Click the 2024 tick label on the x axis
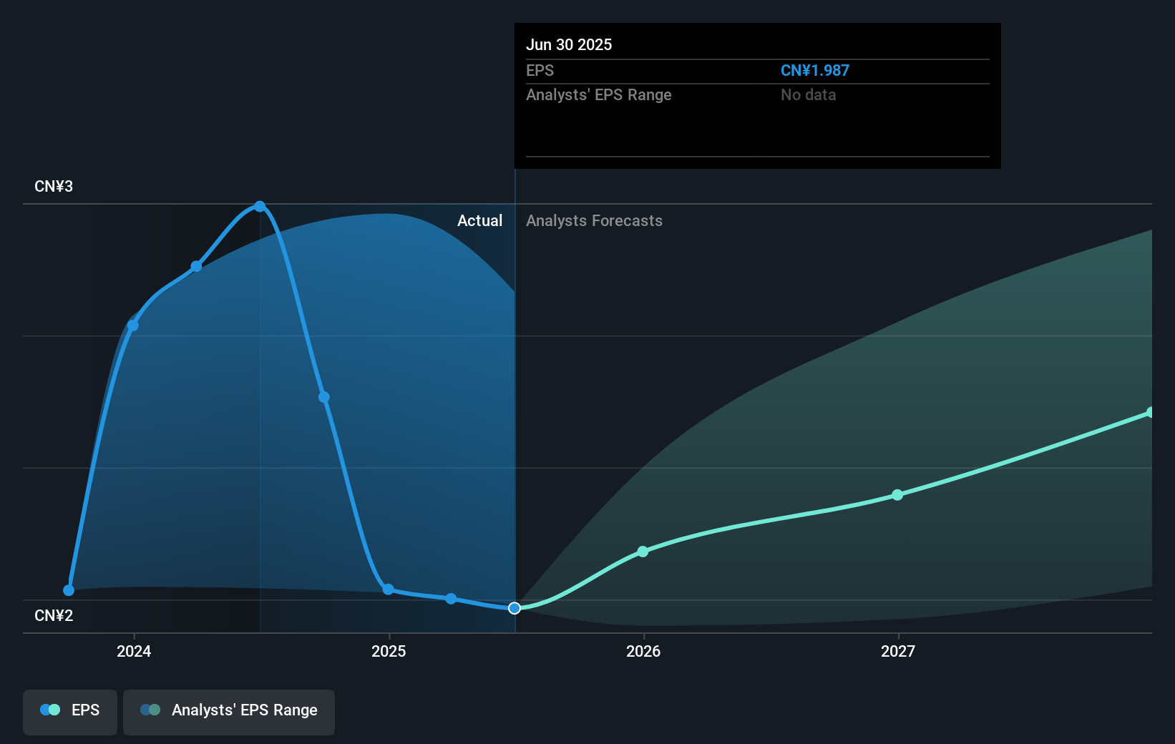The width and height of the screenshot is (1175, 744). [x=134, y=651]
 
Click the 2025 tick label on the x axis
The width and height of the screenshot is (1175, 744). [x=389, y=651]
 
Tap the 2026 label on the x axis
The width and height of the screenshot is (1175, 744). [x=643, y=651]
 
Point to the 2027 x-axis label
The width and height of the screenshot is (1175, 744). [x=898, y=651]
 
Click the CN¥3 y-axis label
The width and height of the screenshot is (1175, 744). [x=54, y=187]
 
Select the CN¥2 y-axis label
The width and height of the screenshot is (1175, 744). [x=54, y=616]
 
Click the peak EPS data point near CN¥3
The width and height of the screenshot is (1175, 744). [x=260, y=207]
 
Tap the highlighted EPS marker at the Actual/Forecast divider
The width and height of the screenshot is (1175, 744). [x=515, y=608]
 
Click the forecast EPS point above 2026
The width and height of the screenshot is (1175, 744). [x=643, y=552]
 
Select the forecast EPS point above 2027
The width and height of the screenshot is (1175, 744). [x=897, y=495]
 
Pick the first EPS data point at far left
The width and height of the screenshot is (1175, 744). [x=69, y=590]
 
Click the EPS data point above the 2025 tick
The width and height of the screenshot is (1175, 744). [x=388, y=589]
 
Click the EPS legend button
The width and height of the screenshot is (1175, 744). [x=70, y=710]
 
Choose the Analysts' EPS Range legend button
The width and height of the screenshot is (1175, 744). [x=229, y=710]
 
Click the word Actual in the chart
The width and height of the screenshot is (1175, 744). [x=479, y=221]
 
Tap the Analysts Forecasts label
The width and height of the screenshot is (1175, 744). [x=594, y=221]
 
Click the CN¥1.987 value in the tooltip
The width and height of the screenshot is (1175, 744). [x=814, y=71]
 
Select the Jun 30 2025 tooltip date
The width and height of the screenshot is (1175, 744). [x=569, y=45]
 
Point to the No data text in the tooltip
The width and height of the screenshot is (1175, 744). [x=808, y=95]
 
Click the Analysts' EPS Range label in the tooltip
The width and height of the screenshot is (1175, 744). [x=598, y=95]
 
